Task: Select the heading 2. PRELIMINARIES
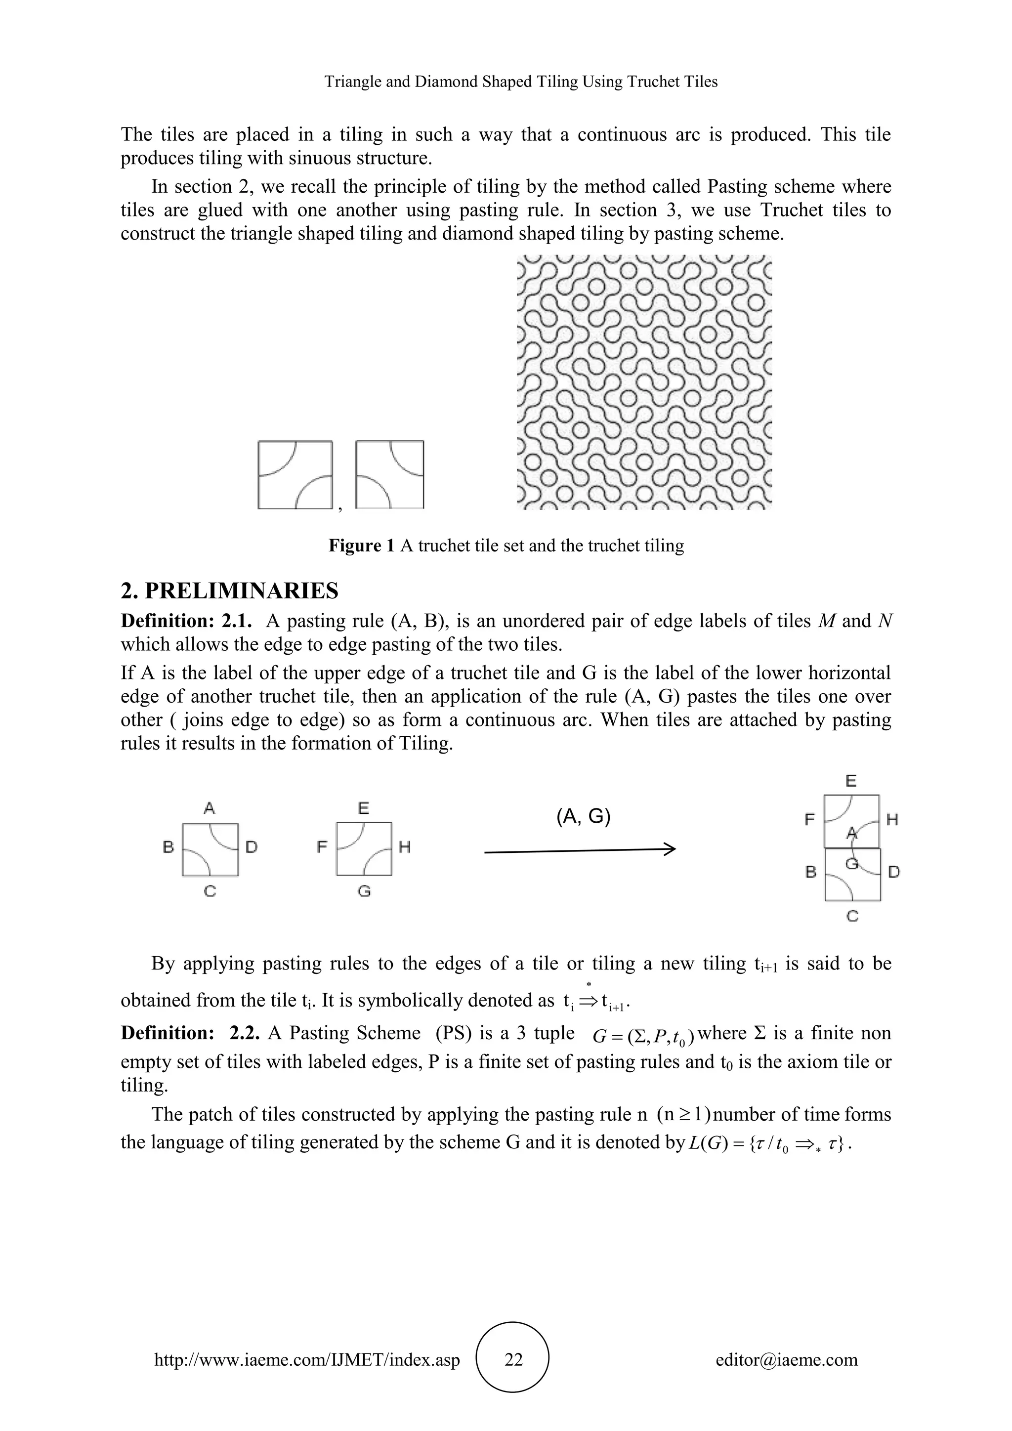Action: click(x=229, y=590)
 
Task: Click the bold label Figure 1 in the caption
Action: click(x=361, y=546)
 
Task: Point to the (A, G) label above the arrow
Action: click(x=583, y=816)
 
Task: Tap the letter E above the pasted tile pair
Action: click(x=851, y=780)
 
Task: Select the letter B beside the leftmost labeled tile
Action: click(x=168, y=847)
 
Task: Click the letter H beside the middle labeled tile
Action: click(x=404, y=847)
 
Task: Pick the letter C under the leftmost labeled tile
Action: click(x=210, y=891)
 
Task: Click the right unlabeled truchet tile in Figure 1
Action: click(x=390, y=475)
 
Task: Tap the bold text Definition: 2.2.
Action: click(x=190, y=1033)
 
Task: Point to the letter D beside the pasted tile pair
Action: click(x=893, y=872)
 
